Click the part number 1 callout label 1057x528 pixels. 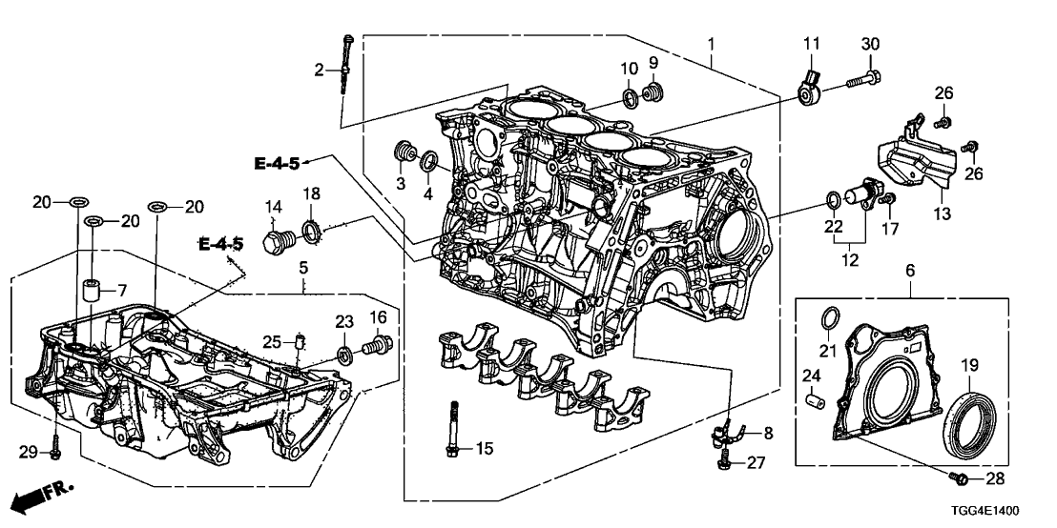pyautogui.click(x=710, y=44)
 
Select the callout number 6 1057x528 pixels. pyautogui.click(x=909, y=272)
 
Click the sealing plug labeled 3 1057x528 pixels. pyautogui.click(x=405, y=152)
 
